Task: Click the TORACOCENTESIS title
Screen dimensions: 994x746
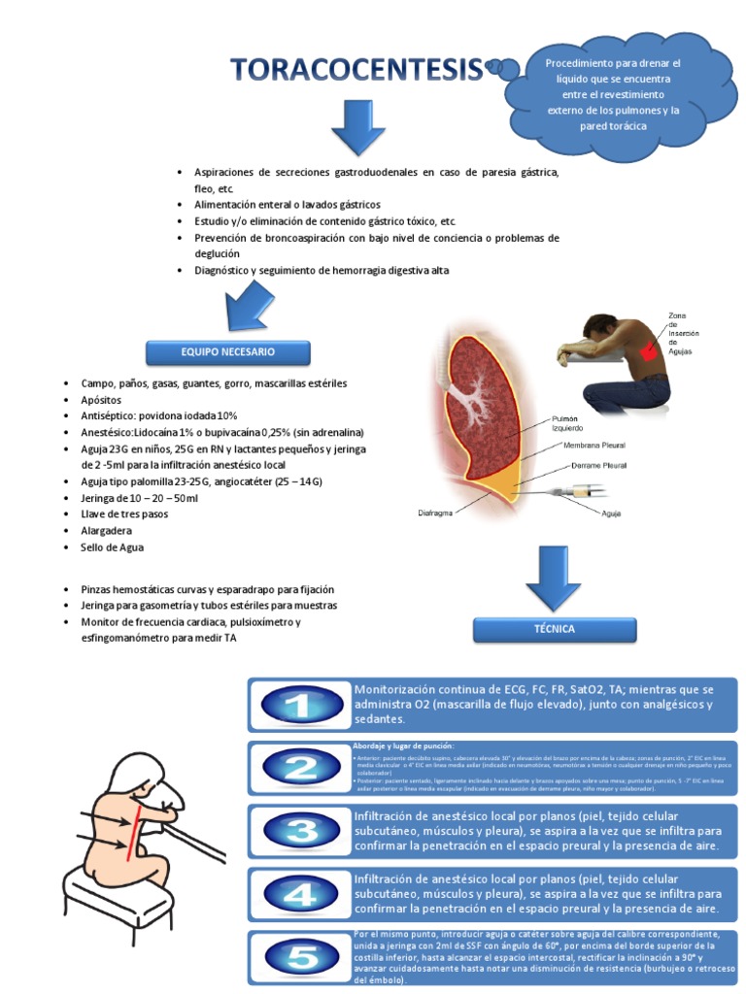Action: tap(356, 69)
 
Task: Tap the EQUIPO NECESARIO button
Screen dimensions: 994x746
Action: tap(228, 351)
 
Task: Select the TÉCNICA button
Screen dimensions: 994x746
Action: tap(554, 629)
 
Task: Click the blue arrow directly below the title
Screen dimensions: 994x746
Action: tap(358, 127)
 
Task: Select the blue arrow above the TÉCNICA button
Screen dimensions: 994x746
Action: tap(553, 580)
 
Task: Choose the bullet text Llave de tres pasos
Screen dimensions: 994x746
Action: tap(124, 514)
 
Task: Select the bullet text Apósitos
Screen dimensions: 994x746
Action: tap(101, 399)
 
